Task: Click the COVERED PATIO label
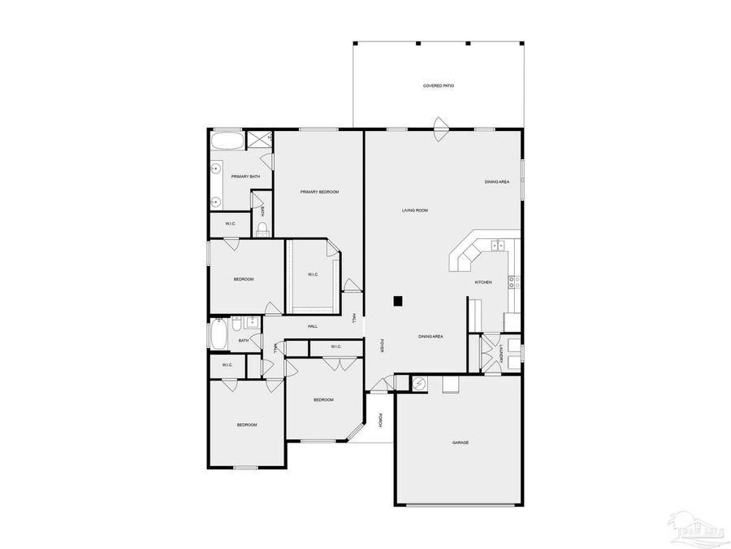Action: pyautogui.click(x=438, y=85)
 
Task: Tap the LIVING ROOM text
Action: pyautogui.click(x=414, y=211)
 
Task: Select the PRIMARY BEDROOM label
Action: pyautogui.click(x=319, y=192)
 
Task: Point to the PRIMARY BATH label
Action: pyautogui.click(x=245, y=176)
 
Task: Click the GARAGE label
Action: pyautogui.click(x=461, y=442)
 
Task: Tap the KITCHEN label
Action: pyautogui.click(x=483, y=282)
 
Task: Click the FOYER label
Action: pyautogui.click(x=382, y=346)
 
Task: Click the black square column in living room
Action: pyautogui.click(x=398, y=301)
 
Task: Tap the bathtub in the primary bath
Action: pyautogui.click(x=227, y=142)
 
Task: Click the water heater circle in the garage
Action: pyautogui.click(x=419, y=384)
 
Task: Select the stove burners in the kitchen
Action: pyautogui.click(x=513, y=282)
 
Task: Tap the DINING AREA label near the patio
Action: pyautogui.click(x=497, y=182)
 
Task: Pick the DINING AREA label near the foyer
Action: pyautogui.click(x=430, y=336)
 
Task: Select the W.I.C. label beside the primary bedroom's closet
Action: pyautogui.click(x=313, y=275)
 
